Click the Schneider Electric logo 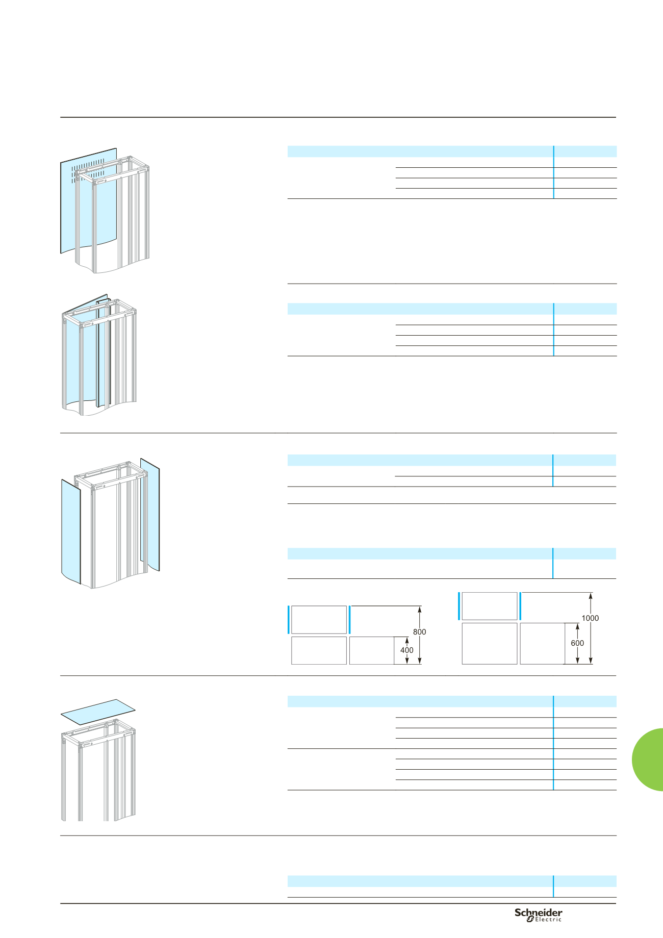click(538, 915)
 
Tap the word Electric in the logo click(548, 919)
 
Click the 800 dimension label click(419, 632)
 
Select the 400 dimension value click(407, 650)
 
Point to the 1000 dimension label click(590, 618)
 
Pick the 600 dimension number click(577, 643)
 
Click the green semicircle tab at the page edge click(648, 759)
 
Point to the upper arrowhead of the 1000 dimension click(591, 595)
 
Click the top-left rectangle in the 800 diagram click(319, 620)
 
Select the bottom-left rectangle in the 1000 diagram click(490, 644)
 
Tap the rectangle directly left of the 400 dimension click(372, 650)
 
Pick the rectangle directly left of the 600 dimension click(542, 644)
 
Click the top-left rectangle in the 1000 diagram click(490, 606)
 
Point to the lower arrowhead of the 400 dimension click(407, 661)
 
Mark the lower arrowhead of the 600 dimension click(577, 661)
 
